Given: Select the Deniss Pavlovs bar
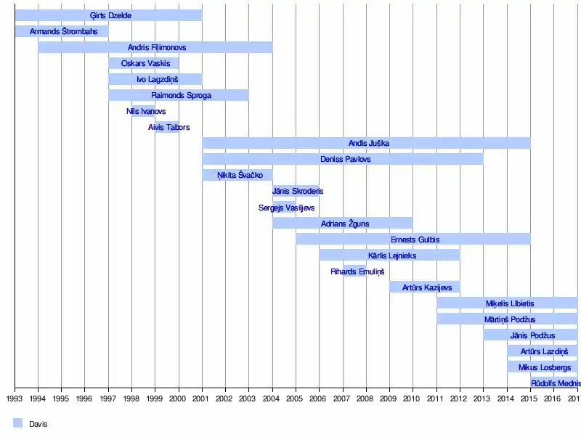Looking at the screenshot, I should (342, 159).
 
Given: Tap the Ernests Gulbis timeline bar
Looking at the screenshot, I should (413, 239).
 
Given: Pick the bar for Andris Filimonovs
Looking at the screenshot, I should (155, 47).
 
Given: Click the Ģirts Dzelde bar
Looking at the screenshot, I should (109, 15).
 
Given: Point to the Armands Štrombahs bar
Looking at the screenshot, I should (61, 31).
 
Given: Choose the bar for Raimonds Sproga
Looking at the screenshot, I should (179, 95).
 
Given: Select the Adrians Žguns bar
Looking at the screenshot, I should (342, 223).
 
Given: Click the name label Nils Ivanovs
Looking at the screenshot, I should (146, 111).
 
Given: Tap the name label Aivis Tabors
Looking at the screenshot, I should (168, 127).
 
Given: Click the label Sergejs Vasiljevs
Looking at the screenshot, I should (286, 208).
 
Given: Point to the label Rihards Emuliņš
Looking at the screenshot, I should (357, 271).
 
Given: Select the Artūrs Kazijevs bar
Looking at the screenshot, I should (424, 287).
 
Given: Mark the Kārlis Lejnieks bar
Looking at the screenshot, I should (389, 255).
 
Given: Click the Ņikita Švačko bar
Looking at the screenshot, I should (237, 175).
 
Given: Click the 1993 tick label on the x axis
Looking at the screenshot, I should (15, 398).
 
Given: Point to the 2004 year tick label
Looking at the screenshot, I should (272, 398).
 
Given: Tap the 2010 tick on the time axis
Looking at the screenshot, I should (413, 398).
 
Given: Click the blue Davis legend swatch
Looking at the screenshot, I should (18, 423).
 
